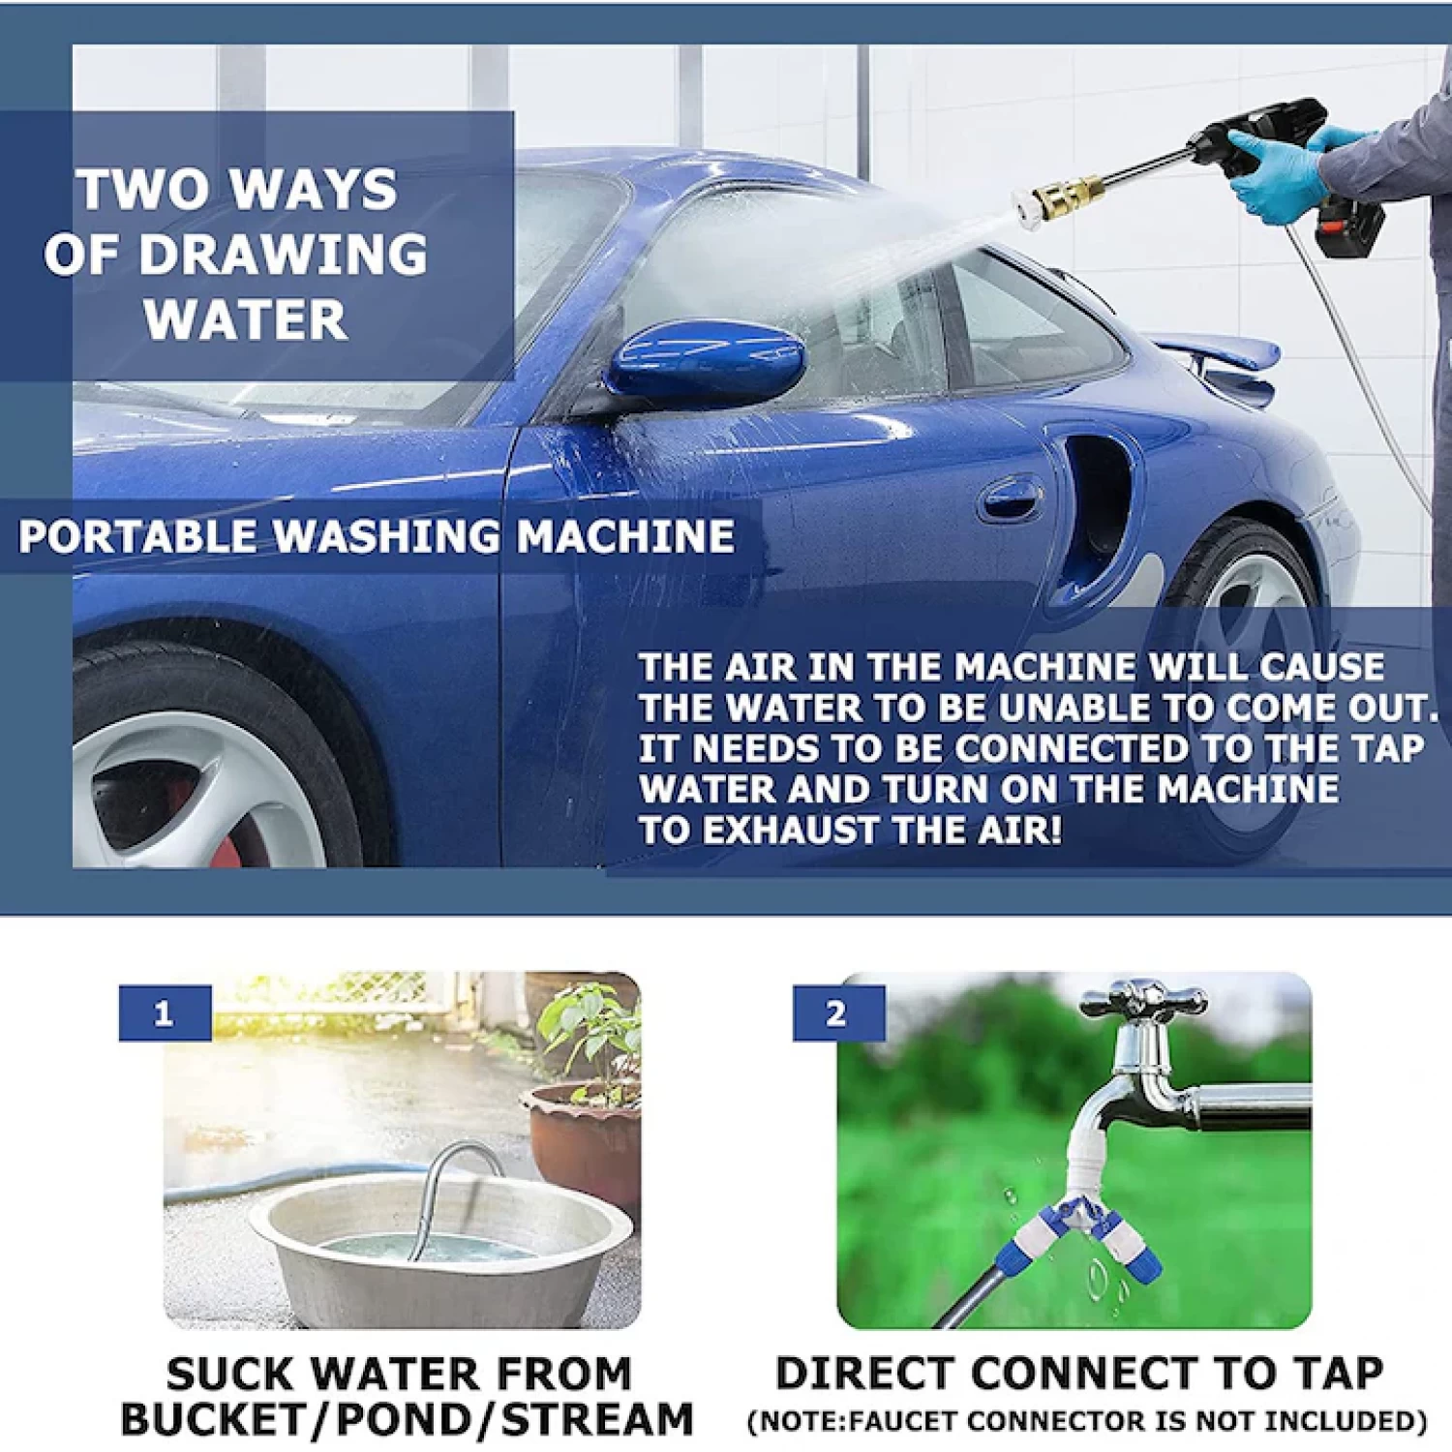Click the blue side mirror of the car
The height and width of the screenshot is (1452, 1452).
(707, 364)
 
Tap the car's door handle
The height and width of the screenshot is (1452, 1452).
(1010, 499)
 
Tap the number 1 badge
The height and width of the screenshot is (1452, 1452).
(164, 1013)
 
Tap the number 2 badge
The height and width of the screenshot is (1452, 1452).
(837, 1013)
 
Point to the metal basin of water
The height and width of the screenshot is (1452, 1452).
(440, 1249)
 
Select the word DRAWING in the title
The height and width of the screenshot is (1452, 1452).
(283, 255)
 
